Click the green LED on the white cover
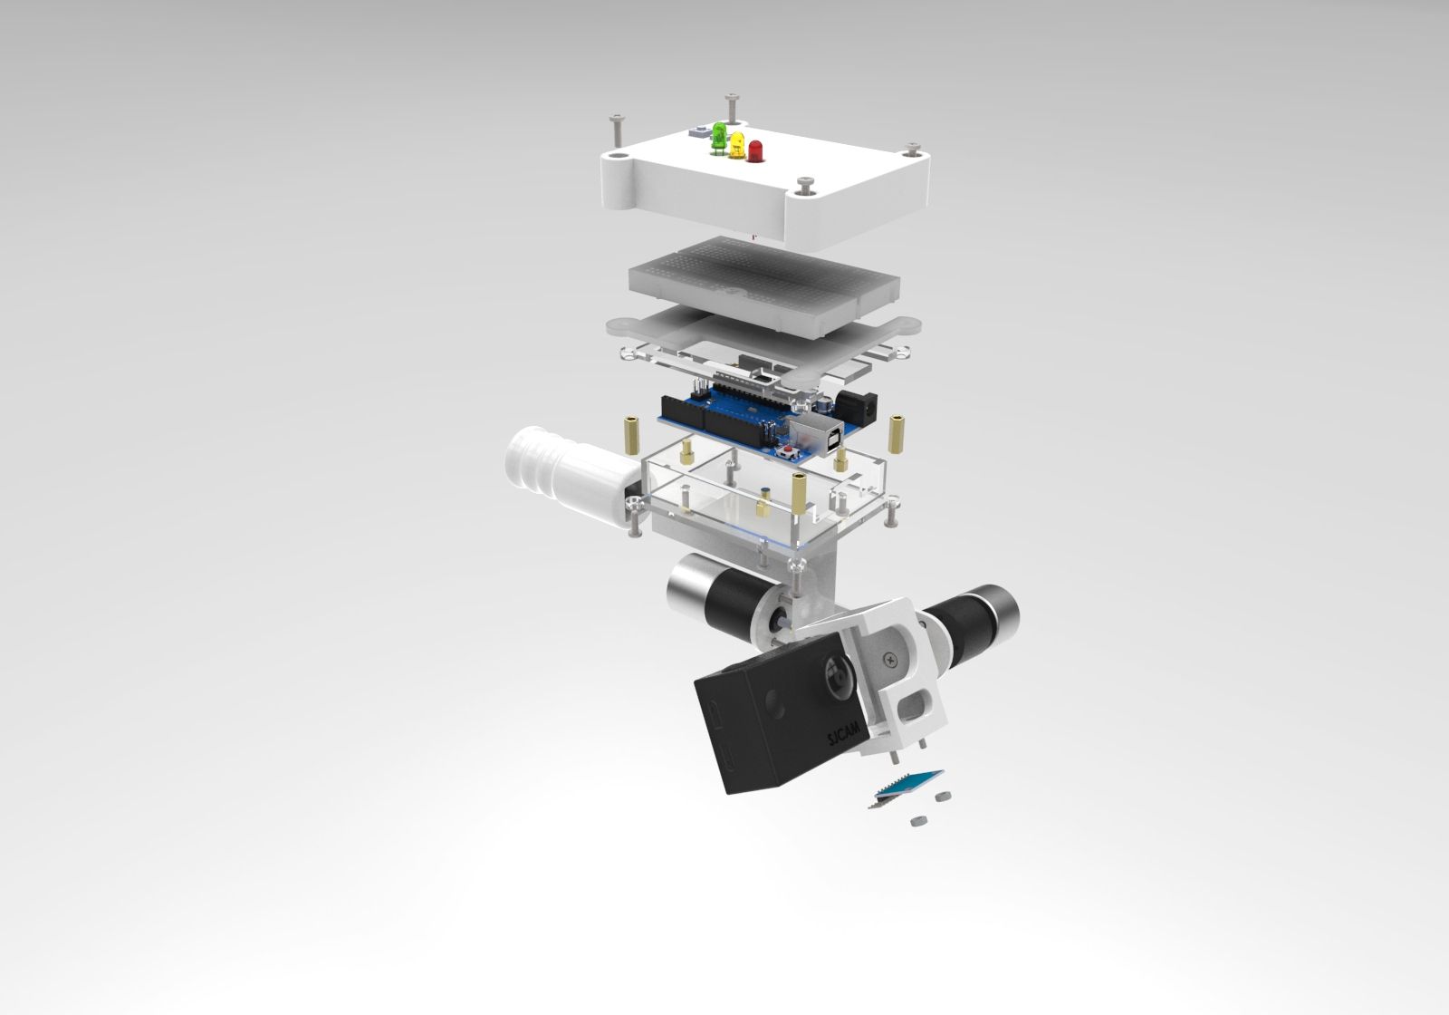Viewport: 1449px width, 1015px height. tap(720, 136)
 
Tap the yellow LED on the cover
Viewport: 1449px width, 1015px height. tap(737, 144)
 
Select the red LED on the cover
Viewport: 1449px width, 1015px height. tap(753, 150)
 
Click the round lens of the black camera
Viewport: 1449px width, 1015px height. tap(837, 674)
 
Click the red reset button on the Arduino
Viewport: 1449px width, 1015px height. tap(789, 449)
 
